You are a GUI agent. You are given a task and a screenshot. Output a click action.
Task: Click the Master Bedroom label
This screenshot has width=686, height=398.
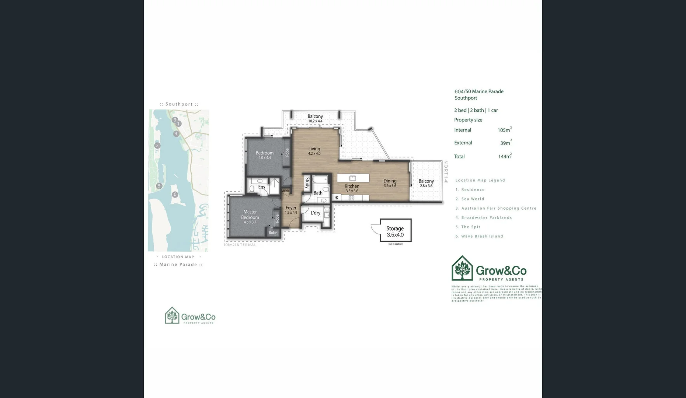pyautogui.click(x=250, y=214)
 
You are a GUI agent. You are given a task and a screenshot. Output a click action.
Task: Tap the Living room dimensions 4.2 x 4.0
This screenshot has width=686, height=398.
pyautogui.click(x=314, y=154)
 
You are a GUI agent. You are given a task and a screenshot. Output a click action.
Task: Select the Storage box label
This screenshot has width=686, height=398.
pyautogui.click(x=395, y=228)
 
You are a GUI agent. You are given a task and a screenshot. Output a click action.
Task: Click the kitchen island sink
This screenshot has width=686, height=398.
pyautogui.click(x=352, y=178)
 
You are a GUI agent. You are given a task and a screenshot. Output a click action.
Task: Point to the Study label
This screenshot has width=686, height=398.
pyautogui.click(x=307, y=183)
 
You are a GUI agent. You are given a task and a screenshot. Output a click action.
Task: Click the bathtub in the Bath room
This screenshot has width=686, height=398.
pyautogui.click(x=320, y=180)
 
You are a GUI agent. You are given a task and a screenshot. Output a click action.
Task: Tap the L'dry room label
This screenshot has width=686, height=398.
pyautogui.click(x=315, y=213)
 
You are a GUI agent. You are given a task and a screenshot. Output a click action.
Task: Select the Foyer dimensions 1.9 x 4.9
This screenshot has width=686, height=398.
pyautogui.click(x=291, y=213)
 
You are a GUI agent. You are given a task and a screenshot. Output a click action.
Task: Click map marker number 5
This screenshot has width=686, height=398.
pyautogui.click(x=159, y=186)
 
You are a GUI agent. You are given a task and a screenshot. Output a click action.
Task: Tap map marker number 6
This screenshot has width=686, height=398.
pyautogui.click(x=175, y=194)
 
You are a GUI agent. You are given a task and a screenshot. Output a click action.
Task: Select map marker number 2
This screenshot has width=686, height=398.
pyautogui.click(x=157, y=146)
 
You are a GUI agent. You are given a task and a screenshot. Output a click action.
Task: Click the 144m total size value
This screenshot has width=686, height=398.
pyautogui.click(x=504, y=157)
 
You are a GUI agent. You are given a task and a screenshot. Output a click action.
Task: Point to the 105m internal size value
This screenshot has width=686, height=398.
pyautogui.click(x=504, y=130)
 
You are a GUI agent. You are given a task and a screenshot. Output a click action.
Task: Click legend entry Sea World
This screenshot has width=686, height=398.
pyautogui.click(x=470, y=199)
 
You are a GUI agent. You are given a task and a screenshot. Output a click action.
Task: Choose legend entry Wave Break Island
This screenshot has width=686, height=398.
pyautogui.click(x=479, y=236)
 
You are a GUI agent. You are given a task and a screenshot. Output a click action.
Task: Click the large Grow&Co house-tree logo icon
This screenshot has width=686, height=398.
pyautogui.click(x=462, y=268)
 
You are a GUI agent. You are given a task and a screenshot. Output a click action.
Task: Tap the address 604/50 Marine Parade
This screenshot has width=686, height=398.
pyautogui.click(x=479, y=91)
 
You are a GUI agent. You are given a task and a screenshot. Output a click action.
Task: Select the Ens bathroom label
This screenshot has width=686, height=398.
pyautogui.click(x=261, y=187)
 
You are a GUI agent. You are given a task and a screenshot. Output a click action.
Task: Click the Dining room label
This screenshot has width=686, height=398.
pyautogui.click(x=390, y=181)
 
